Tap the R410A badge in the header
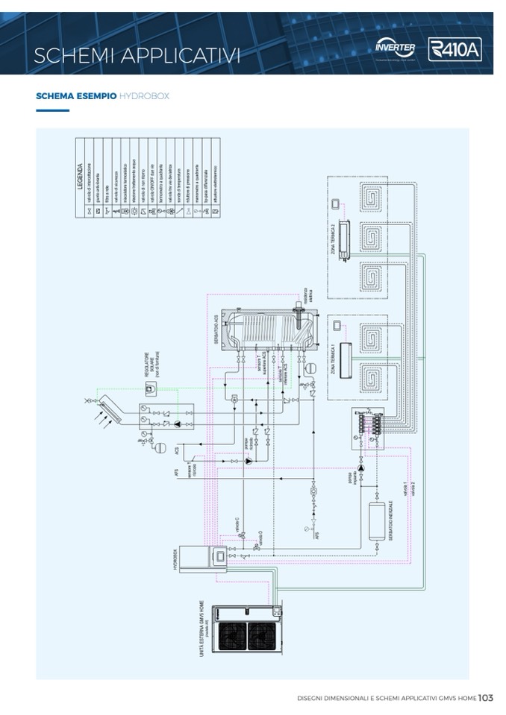pyautogui.click(x=455, y=50)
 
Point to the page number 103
pyautogui.click(x=486, y=698)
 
